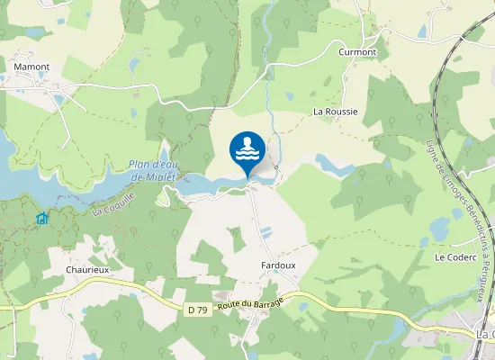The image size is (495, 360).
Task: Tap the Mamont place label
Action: point(31,67)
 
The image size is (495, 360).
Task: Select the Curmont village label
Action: point(357,52)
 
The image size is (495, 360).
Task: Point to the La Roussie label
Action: point(335,112)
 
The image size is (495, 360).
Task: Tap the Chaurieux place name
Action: point(87,269)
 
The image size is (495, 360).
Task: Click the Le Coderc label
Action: point(454,257)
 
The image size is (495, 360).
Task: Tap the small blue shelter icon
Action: point(41,218)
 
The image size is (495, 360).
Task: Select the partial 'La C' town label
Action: point(484,335)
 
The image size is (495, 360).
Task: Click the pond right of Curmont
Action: point(423,32)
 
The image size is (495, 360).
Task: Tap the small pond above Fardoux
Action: point(265,232)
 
